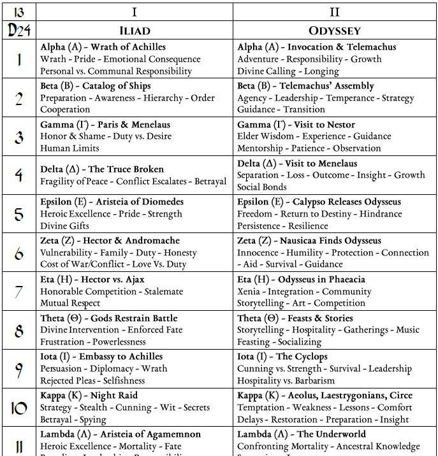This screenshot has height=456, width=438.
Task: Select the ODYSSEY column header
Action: [x=335, y=30]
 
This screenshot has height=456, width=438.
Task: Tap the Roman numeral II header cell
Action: [x=335, y=11]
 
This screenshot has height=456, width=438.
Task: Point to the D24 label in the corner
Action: [x=18, y=29]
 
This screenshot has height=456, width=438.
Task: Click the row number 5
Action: [x=18, y=214]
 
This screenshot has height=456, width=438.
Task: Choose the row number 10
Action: [x=18, y=408]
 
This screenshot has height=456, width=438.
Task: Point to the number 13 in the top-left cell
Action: [x=18, y=11]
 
